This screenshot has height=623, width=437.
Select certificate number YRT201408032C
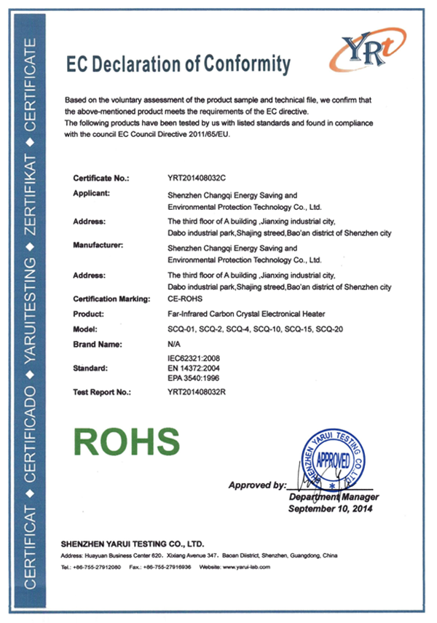(x=197, y=178)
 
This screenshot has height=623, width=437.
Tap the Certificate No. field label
(x=101, y=178)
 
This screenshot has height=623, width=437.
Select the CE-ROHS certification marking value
(x=186, y=299)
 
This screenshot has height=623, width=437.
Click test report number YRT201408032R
(x=198, y=392)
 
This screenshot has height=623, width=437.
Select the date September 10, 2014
(x=330, y=508)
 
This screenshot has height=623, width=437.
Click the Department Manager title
(x=331, y=497)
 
